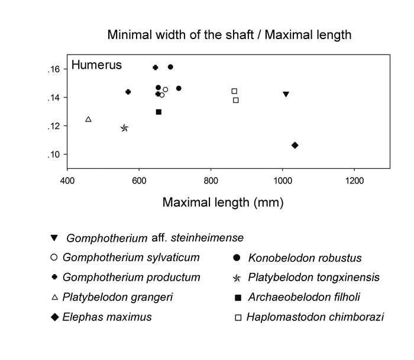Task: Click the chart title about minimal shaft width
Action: [229, 35]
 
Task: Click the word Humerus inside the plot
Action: [96, 65]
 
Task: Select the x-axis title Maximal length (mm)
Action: [223, 202]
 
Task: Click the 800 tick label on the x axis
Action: [211, 180]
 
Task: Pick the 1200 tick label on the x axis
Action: [354, 180]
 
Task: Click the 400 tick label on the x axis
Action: [67, 180]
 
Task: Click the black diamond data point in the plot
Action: [295, 145]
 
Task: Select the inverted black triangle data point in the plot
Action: [286, 94]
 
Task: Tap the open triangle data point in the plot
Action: [88, 119]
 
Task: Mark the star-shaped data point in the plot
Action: [124, 128]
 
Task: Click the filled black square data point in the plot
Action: [159, 112]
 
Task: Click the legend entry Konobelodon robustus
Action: [305, 258]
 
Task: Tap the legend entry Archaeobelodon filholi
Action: [304, 297]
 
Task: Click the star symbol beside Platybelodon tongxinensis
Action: [237, 277]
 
